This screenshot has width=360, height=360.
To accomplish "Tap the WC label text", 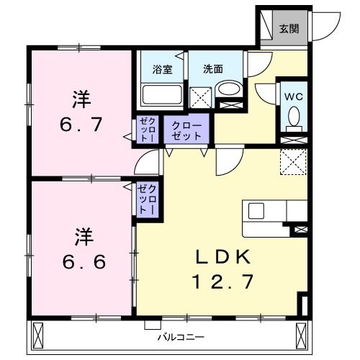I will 293,96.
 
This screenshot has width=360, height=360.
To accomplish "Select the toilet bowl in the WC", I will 294,115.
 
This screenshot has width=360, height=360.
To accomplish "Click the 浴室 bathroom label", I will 161,70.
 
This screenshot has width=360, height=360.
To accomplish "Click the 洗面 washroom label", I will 212,70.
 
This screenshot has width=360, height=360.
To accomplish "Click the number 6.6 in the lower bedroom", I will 82,261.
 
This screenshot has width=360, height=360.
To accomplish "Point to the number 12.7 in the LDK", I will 224,281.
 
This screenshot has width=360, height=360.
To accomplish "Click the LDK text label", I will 224,256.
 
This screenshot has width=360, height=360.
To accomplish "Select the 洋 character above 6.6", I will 81,235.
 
